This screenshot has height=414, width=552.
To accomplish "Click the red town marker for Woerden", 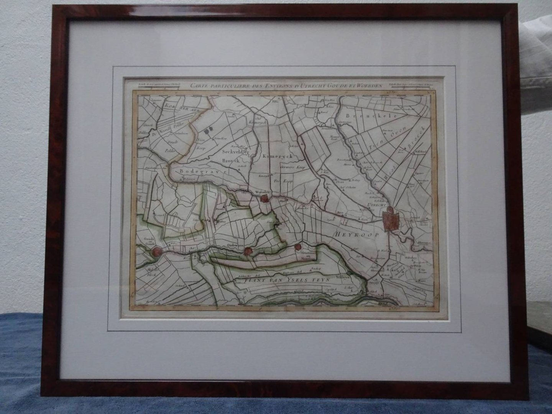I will click(264, 199).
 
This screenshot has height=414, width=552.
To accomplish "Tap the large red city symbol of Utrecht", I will click(391, 220).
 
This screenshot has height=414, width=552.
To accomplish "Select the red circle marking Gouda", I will click(156, 251).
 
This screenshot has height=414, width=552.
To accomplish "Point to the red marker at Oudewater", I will click(248, 251).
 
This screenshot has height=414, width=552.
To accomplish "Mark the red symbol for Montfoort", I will click(297, 247).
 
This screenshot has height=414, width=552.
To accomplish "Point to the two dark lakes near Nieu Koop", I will click(208, 131).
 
